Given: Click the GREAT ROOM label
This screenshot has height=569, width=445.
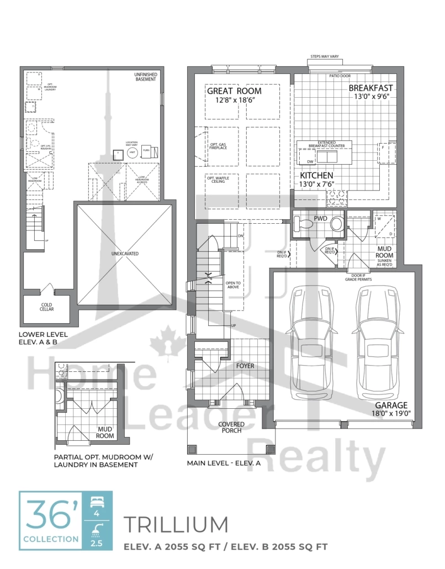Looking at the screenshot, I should (x=234, y=91).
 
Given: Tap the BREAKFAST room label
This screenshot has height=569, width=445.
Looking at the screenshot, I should (x=370, y=88).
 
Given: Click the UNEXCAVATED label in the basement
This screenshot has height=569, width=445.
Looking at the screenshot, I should (x=123, y=254).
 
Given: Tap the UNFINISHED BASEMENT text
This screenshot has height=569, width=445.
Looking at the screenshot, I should (x=146, y=78).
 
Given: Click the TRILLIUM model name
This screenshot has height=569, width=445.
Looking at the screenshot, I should (x=176, y=524).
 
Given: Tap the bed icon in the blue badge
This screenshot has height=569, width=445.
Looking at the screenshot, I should (x=97, y=502).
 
